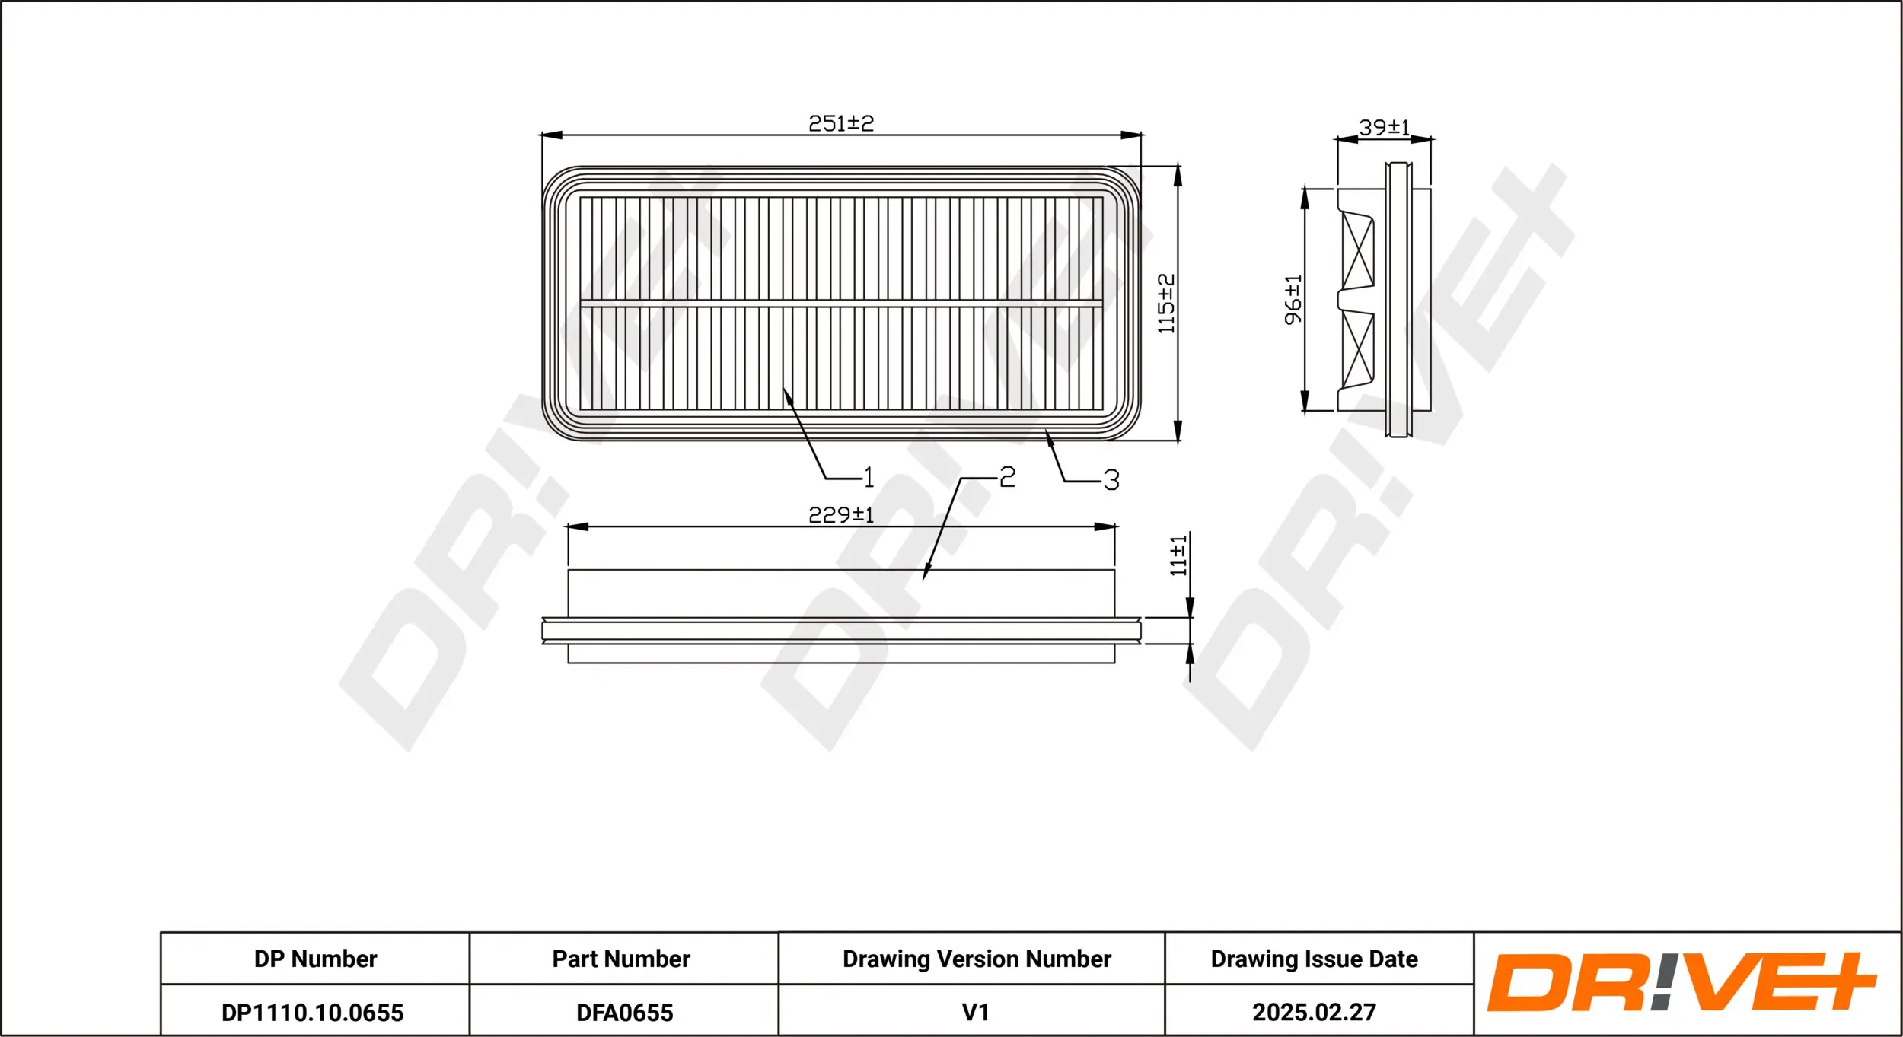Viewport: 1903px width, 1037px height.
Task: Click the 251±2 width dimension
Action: pos(841,123)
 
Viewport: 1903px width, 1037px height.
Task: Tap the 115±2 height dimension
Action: pos(1166,304)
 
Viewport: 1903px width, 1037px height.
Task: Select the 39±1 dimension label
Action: pos(1385,127)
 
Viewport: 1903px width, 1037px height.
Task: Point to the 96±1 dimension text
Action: pos(1293,300)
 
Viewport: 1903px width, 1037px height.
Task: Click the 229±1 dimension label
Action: pos(841,515)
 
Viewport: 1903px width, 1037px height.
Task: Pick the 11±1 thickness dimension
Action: pos(1178,555)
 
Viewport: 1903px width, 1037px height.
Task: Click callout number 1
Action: pos(869,478)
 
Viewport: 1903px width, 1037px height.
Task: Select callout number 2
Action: pos(1007,477)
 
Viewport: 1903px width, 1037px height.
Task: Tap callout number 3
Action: pos(1111,480)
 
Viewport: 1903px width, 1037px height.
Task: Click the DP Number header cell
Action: pos(315,959)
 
